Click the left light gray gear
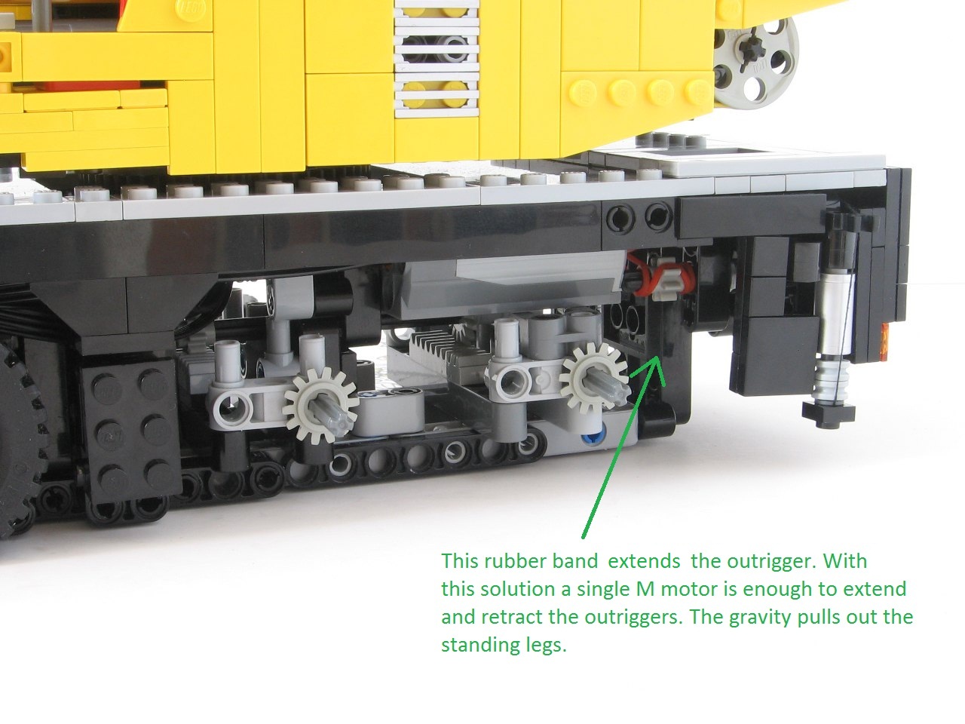320,405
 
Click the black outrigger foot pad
829,413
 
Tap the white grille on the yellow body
437,59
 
